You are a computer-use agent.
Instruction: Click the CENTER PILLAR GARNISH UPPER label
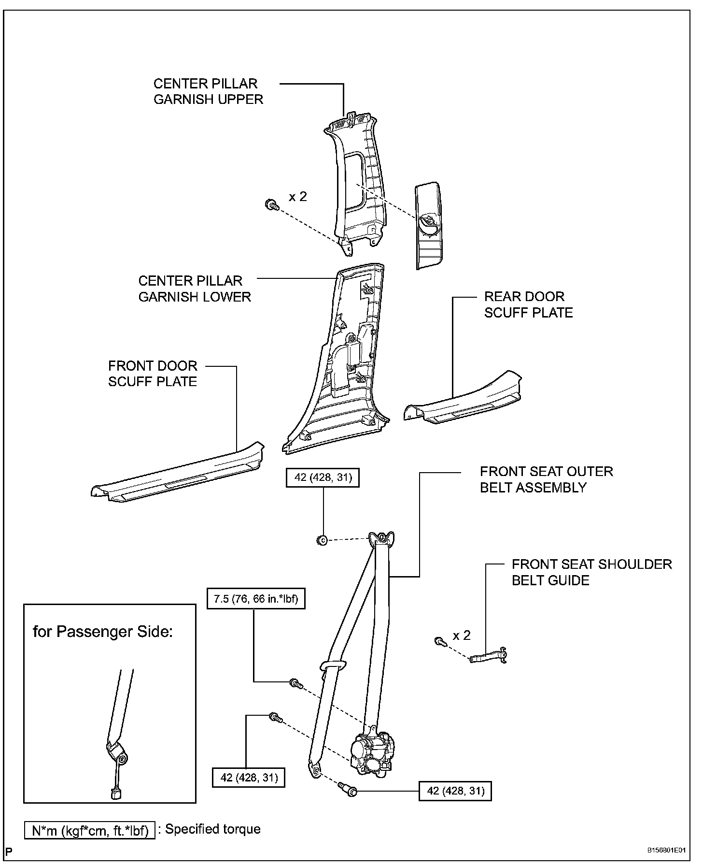tap(208, 91)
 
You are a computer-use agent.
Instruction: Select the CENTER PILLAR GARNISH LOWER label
tap(195, 289)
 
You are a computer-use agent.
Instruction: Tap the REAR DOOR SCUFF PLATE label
tap(528, 304)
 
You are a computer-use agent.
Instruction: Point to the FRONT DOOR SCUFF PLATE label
tap(153, 374)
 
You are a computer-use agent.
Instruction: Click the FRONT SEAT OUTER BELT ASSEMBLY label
tap(546, 479)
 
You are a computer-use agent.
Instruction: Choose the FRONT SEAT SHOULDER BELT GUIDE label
tap(591, 572)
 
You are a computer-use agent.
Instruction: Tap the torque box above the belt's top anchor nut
tap(323, 477)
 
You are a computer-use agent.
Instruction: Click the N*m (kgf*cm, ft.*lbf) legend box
tap(90, 830)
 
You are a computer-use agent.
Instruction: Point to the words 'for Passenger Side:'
tap(102, 631)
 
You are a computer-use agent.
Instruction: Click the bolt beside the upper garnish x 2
tap(272, 205)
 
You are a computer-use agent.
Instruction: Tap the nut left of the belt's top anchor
tap(323, 540)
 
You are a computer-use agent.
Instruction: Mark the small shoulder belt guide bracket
tap(489, 656)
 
